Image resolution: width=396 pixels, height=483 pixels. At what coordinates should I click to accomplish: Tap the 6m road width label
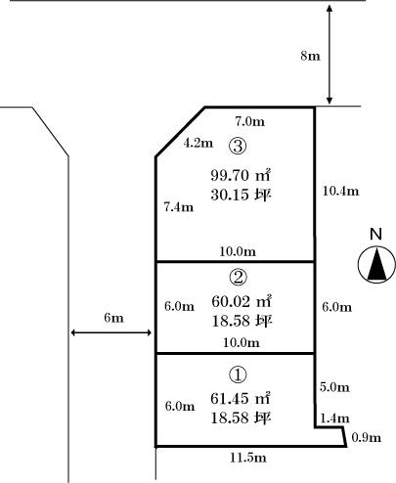coord(113,318)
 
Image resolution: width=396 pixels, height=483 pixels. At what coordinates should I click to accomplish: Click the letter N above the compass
coord(374,234)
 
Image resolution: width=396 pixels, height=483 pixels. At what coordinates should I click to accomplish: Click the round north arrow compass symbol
coord(374,265)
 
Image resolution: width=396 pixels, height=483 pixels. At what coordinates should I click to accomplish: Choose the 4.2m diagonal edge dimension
coord(198,143)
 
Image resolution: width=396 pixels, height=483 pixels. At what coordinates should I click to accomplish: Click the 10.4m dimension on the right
coord(341,191)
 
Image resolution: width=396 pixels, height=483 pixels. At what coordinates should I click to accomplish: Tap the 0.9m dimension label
coord(368,437)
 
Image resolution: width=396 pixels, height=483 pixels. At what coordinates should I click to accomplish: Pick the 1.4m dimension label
coord(335,417)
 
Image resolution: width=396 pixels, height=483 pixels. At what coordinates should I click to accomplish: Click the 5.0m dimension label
coord(335,386)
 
